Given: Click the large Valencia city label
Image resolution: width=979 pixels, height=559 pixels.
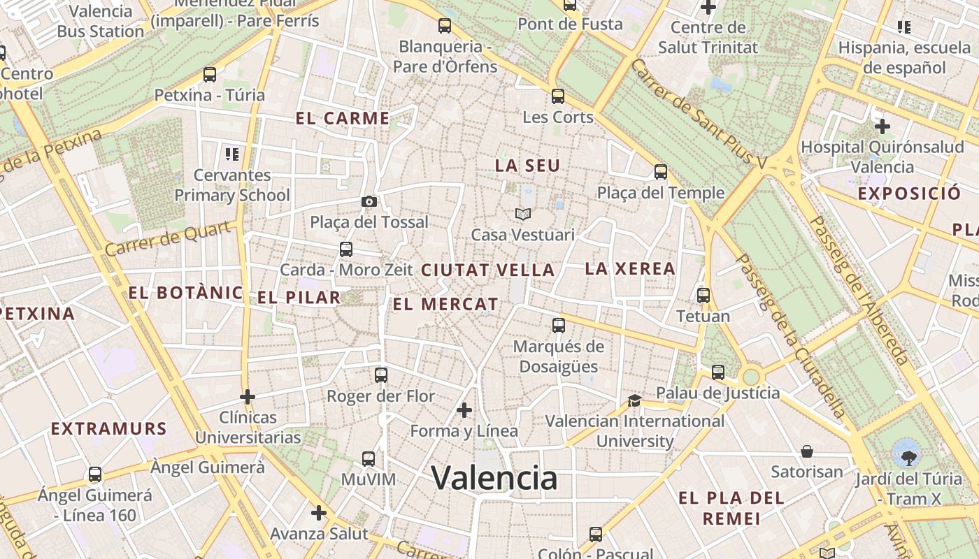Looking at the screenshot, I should (x=494, y=479).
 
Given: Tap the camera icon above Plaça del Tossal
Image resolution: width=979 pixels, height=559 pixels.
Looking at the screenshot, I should (x=369, y=201).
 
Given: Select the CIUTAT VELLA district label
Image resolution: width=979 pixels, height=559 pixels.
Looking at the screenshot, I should (x=487, y=270).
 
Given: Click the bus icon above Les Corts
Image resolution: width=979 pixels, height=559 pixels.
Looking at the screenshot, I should (x=557, y=96).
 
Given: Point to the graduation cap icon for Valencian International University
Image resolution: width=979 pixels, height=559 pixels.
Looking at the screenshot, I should (x=634, y=400).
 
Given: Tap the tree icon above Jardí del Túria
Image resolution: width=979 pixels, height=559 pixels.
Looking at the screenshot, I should (x=908, y=458).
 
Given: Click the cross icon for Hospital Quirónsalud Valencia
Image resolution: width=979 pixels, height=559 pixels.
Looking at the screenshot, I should (x=882, y=126).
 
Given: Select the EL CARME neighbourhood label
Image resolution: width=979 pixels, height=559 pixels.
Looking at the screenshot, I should (x=343, y=118).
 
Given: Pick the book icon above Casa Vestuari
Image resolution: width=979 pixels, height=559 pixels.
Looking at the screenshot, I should (x=523, y=214).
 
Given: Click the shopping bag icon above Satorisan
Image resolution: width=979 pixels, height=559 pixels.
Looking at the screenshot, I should (x=807, y=451).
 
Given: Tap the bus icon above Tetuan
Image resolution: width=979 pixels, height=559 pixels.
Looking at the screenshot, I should (x=703, y=295).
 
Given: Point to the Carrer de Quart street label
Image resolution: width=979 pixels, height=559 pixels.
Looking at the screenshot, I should (x=168, y=239).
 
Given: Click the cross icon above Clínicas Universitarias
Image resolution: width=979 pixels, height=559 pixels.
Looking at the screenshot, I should (x=247, y=397).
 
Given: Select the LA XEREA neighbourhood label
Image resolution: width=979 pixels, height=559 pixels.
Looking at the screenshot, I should (x=630, y=268).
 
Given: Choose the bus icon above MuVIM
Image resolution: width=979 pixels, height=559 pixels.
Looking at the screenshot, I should (x=369, y=459).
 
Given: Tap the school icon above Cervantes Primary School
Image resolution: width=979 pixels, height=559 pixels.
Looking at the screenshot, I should (x=231, y=154).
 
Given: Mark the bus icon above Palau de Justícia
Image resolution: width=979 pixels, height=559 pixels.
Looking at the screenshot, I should (x=718, y=372).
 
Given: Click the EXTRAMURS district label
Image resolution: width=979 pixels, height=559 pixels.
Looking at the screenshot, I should (x=108, y=428).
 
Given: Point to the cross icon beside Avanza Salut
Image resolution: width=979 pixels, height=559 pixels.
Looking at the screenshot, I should (x=319, y=514).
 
